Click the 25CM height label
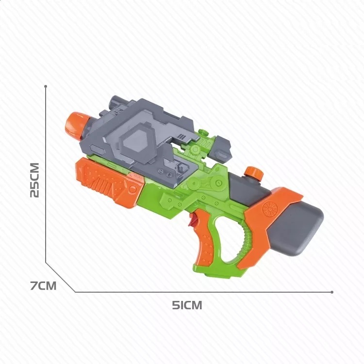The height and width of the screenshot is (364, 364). pos(35,181)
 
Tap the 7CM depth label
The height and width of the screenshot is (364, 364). pos(43,286)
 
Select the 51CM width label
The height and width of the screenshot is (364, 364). pos(187,305)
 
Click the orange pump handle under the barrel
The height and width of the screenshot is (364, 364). pos(109,181)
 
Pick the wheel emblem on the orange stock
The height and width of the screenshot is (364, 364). pos(270,208)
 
